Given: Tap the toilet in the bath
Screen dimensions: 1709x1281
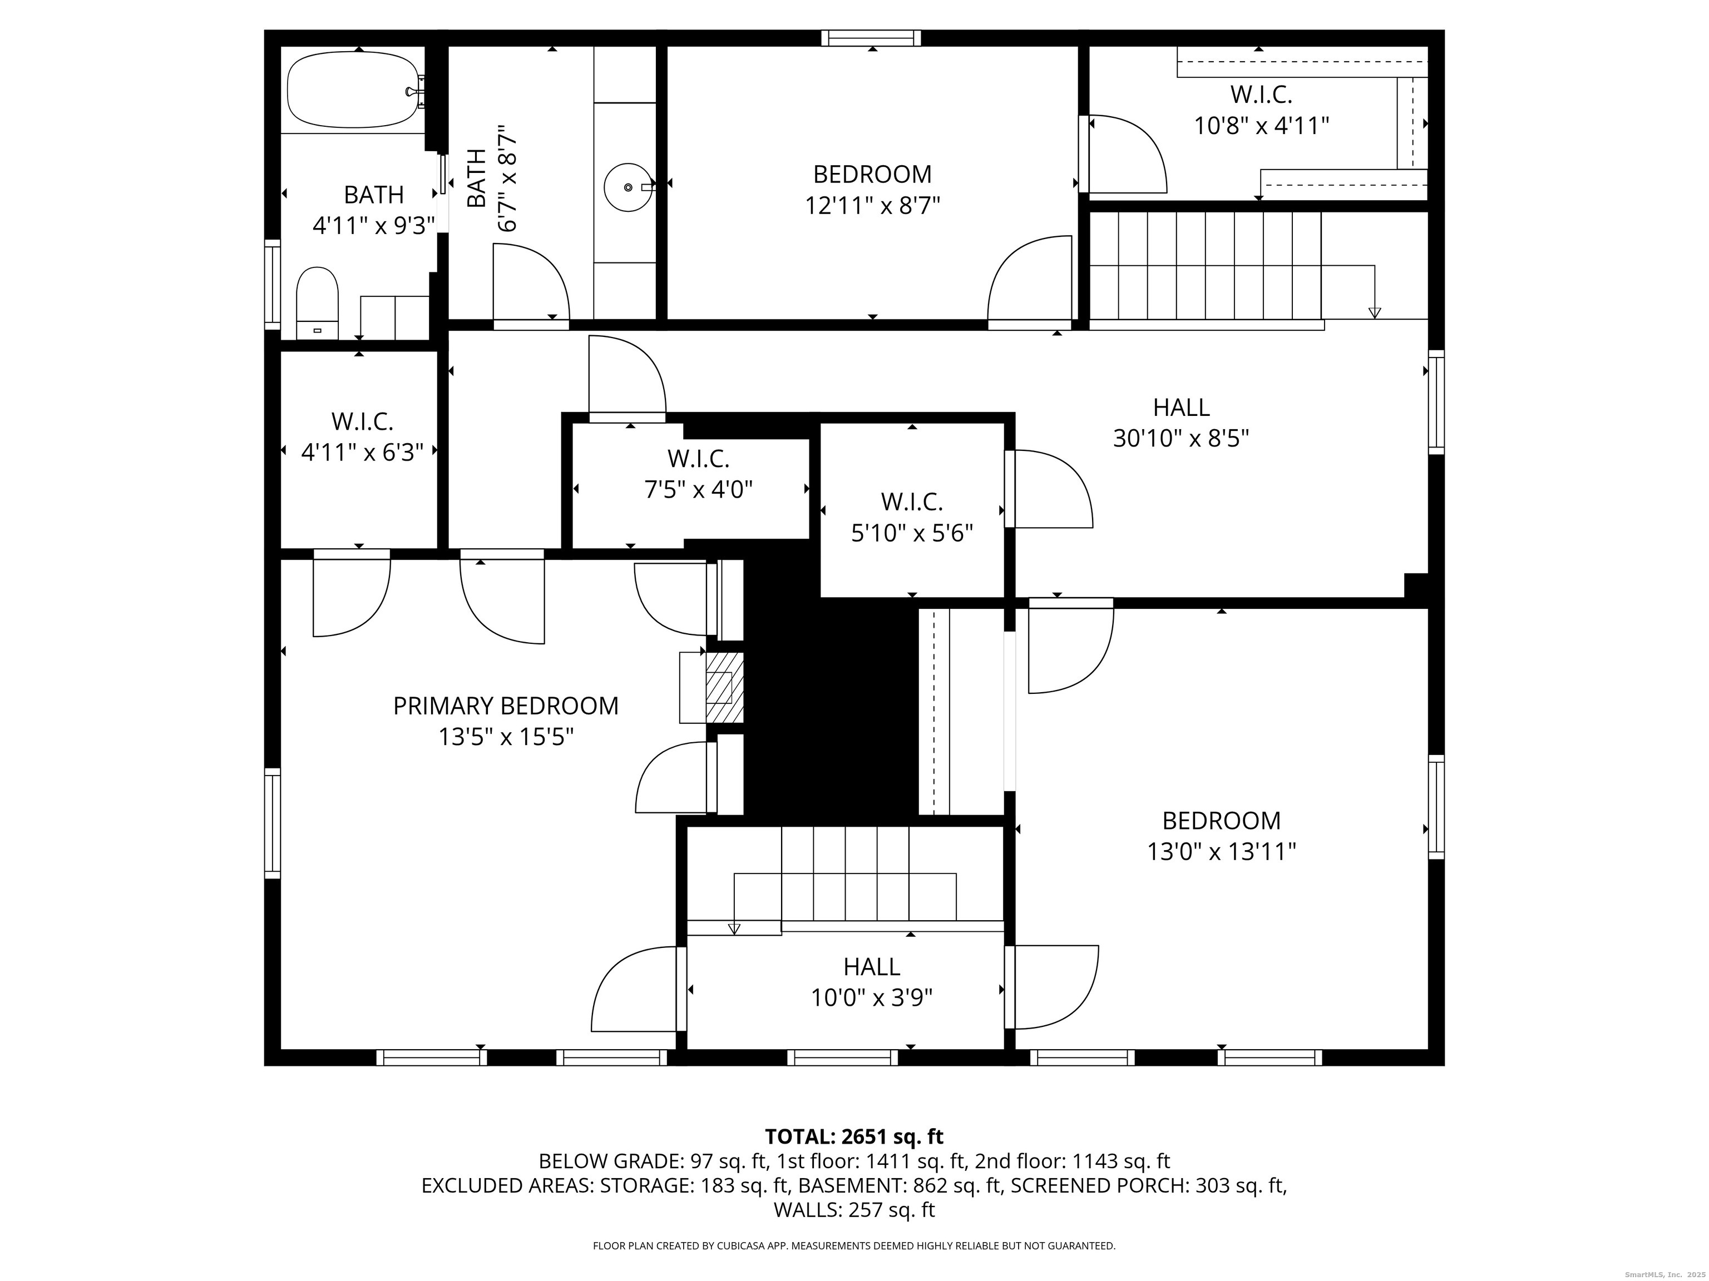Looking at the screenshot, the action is tap(318, 304).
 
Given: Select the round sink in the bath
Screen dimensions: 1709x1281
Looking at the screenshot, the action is tap(628, 187).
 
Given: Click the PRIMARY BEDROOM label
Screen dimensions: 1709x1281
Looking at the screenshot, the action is tap(506, 706).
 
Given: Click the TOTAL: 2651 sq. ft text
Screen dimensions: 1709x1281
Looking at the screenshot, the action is tap(854, 1136).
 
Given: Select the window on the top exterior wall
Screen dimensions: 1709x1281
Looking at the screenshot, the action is tap(872, 38).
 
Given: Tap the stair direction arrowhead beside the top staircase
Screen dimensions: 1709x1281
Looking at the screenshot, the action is tap(1375, 312).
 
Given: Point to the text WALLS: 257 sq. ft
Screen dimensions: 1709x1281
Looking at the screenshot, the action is tap(854, 1210).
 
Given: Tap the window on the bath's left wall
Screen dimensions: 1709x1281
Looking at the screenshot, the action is tap(272, 284).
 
